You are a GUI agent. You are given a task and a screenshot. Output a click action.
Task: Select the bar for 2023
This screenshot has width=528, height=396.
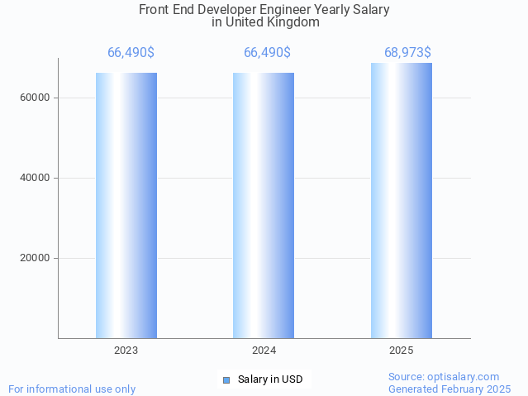[x=126, y=205]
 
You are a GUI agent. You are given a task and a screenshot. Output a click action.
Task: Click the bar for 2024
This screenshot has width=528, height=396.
[x=264, y=205]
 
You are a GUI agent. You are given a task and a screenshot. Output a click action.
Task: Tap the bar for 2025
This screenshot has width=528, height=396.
[x=402, y=200]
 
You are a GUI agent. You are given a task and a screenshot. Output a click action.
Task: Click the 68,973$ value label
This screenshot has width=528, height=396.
[x=407, y=53]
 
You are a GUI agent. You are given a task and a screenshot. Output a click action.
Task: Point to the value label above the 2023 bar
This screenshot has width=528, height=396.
[x=131, y=53]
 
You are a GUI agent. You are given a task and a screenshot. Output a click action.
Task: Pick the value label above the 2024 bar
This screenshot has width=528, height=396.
[x=267, y=53]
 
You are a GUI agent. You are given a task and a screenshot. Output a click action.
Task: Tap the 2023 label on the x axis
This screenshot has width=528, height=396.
[x=126, y=351]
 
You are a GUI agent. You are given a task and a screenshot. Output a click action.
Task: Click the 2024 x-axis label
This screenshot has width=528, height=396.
[x=264, y=351]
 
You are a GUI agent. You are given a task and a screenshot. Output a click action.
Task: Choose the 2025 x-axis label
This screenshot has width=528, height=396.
[x=402, y=351]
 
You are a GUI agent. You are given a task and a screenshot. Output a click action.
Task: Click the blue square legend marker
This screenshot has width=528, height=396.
[x=226, y=380]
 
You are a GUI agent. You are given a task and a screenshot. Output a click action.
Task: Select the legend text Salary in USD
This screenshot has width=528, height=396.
[x=270, y=380]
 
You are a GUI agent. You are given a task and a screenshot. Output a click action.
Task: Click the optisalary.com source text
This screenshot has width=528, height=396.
[x=444, y=377]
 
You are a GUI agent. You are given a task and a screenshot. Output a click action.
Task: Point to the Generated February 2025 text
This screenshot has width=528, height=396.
[x=450, y=389]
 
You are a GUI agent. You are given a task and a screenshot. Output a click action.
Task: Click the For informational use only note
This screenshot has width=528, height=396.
[x=72, y=389]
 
